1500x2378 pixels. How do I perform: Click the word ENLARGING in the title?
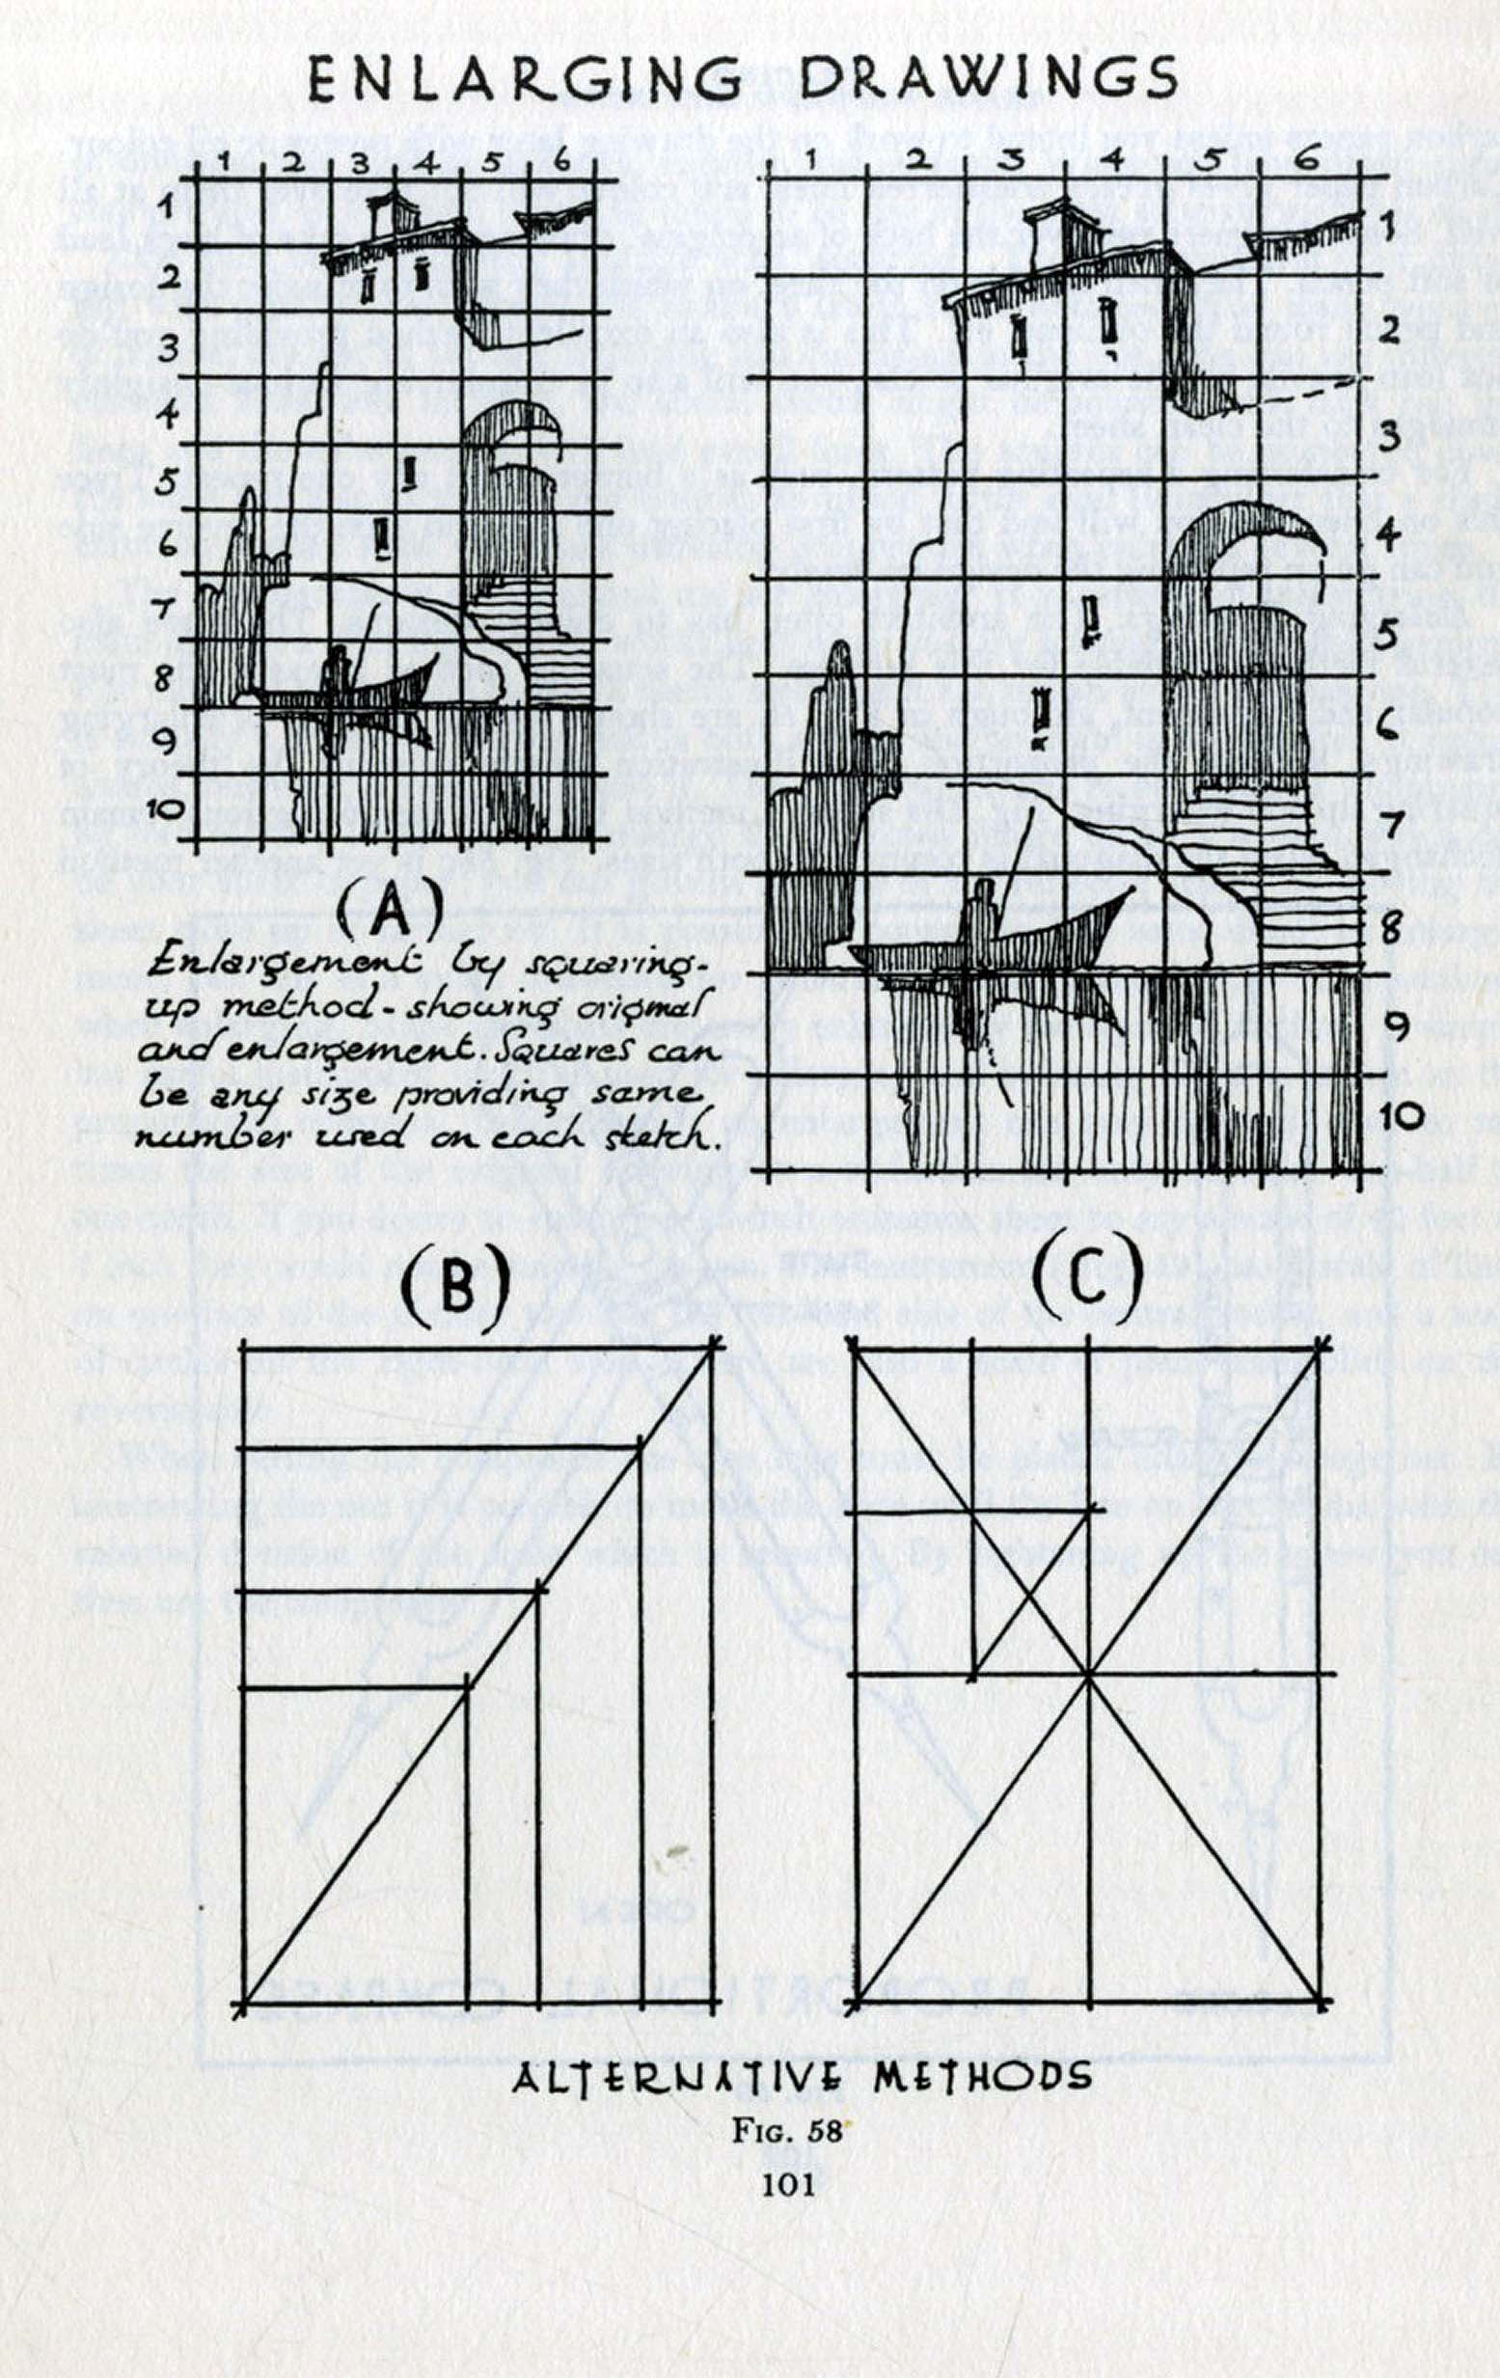524,79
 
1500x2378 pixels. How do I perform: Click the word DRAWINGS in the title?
988,77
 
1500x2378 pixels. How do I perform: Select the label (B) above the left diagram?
455,1284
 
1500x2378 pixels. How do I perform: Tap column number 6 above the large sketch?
1306,158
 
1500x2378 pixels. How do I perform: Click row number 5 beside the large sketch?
1387,633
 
